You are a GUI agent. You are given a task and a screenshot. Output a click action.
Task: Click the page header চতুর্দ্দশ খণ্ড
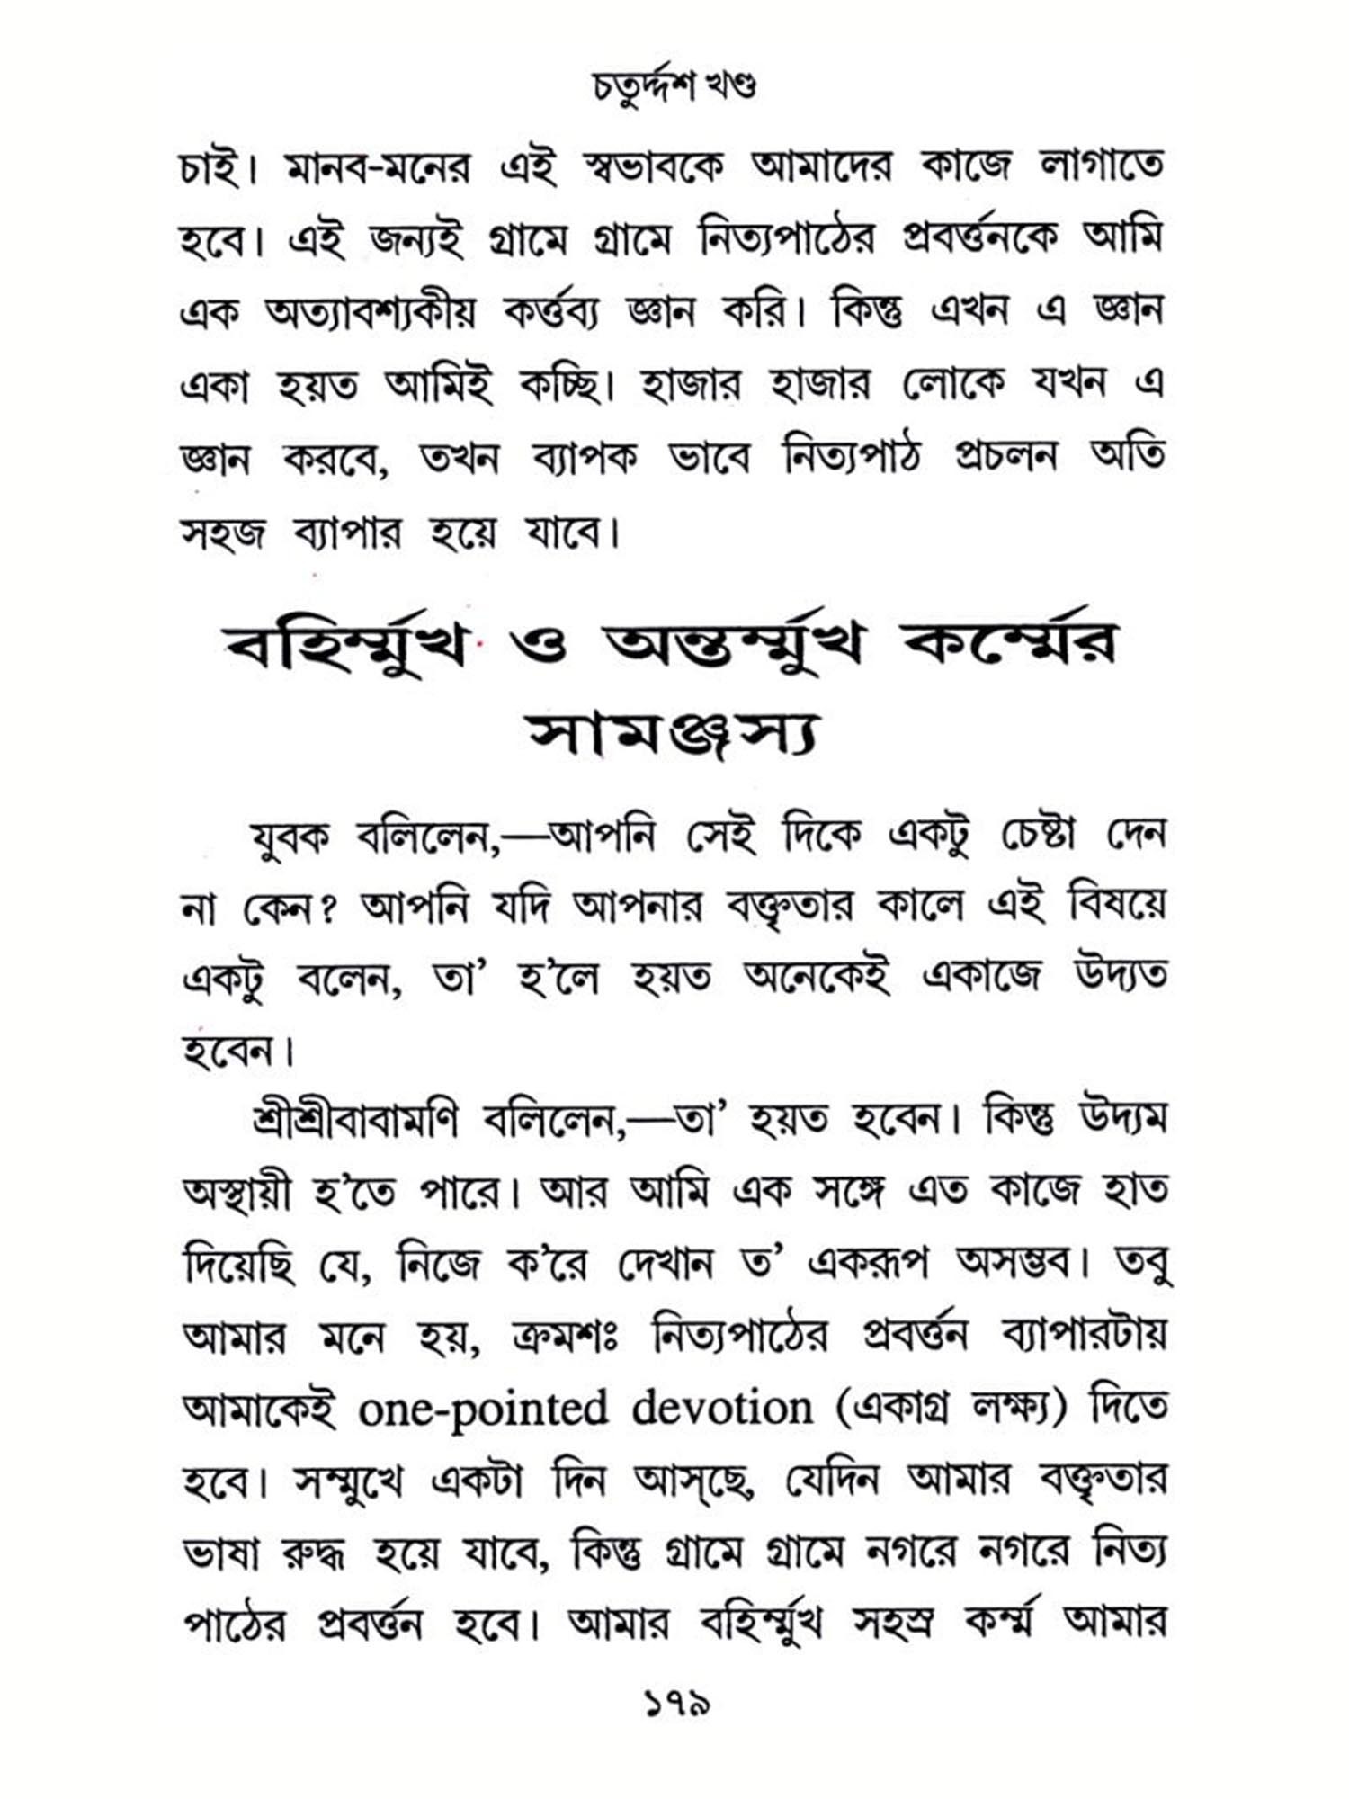click(x=674, y=87)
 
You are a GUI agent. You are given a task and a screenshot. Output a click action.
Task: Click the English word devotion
click(x=721, y=1407)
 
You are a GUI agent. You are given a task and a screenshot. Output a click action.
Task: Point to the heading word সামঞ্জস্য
click(x=673, y=737)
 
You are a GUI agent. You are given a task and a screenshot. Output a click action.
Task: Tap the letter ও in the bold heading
click(x=537, y=646)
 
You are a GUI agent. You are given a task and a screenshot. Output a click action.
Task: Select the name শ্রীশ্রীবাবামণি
click(x=355, y=1121)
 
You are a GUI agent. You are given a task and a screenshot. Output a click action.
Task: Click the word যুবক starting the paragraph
click(x=290, y=837)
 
